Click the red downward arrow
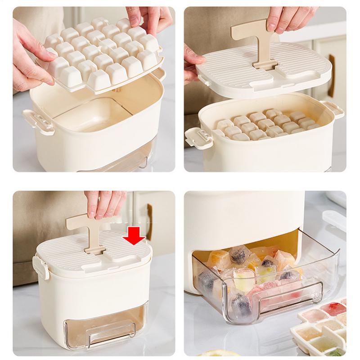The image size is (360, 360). (x=134, y=235)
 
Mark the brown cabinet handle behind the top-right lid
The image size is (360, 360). (x=331, y=76)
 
